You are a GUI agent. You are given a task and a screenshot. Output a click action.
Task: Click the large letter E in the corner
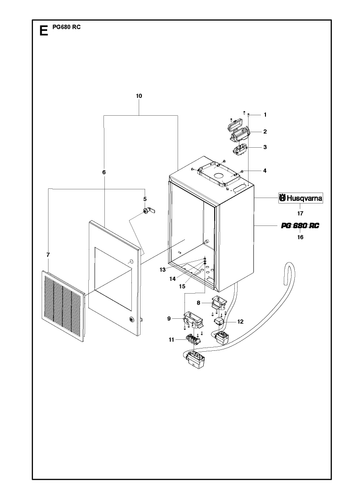tap(44, 31)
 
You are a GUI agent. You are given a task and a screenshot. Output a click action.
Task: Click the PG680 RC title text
tap(66, 27)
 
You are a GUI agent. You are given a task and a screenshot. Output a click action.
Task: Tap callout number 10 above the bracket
tap(139, 96)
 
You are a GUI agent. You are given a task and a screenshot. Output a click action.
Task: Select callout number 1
tap(265, 115)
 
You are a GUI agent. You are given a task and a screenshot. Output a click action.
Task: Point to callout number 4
tap(265, 171)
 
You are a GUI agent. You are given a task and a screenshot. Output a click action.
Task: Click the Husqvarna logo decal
tap(301, 198)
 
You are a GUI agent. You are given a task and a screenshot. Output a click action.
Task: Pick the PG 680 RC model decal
tap(300, 226)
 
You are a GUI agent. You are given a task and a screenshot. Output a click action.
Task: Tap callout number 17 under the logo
tap(300, 213)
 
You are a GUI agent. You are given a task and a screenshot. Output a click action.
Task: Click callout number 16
tap(300, 237)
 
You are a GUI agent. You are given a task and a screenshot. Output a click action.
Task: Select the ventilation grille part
tap(63, 306)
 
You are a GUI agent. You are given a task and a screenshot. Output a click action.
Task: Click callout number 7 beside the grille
tap(48, 255)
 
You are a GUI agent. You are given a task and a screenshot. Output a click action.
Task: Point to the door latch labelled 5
tap(149, 210)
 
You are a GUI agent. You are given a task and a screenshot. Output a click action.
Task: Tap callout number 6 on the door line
tap(104, 172)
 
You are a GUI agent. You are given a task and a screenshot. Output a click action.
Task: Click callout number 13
tap(163, 270)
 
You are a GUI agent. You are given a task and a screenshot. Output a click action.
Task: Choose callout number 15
tap(182, 286)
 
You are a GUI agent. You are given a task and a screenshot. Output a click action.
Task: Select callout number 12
tap(240, 322)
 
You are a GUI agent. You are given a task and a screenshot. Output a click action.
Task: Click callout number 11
tap(171, 340)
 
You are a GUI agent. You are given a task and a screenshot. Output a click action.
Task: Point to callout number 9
tap(169, 319)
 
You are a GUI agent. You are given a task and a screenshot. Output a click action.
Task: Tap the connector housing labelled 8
tap(219, 302)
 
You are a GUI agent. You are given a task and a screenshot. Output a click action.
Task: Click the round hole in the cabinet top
tap(219, 176)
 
